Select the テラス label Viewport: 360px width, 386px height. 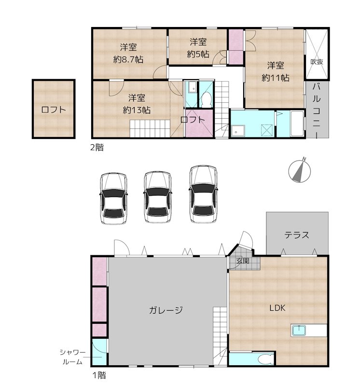(x=296, y=235)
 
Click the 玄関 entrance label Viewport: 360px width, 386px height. (x=242, y=261)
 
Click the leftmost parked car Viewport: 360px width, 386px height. (x=114, y=198)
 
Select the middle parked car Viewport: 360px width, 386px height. (x=158, y=197)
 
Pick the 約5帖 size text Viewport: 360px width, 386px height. (x=198, y=54)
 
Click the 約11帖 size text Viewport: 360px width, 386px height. (x=276, y=77)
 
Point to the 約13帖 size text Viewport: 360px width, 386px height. (x=137, y=110)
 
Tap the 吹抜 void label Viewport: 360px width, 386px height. (x=317, y=61)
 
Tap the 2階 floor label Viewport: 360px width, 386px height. (x=97, y=148)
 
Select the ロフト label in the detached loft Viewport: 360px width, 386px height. (x=53, y=110)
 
